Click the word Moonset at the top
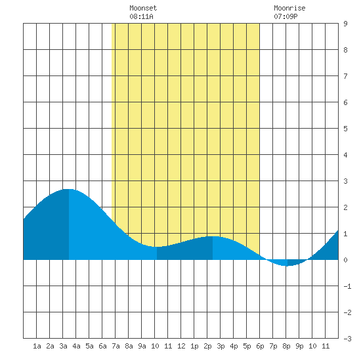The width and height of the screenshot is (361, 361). tap(143, 8)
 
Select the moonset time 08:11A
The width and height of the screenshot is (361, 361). tap(141, 16)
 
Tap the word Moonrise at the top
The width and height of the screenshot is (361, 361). tap(289, 8)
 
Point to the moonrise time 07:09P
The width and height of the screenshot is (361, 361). tap(286, 16)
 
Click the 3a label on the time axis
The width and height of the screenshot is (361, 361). tap(63, 346)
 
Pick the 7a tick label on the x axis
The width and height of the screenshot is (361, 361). tap(116, 346)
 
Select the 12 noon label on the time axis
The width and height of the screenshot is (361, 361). tap(181, 346)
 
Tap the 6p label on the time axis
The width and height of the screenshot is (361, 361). tap(260, 346)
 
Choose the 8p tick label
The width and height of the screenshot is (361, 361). tap(286, 346)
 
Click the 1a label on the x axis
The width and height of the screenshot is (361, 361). tap(37, 346)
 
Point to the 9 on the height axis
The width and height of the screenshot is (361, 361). tap(345, 24)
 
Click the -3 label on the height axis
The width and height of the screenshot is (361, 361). tap(347, 339)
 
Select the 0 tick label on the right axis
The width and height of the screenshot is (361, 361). tap(345, 260)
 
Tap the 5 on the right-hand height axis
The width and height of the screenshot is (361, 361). tap(345, 129)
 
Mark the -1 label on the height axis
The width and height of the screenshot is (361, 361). tap(347, 286)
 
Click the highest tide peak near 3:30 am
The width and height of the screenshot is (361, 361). tap(69, 189)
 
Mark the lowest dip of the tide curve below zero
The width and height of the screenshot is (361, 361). tap(287, 266)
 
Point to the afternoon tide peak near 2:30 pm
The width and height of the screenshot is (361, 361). tap(213, 236)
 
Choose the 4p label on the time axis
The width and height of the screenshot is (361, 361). tap(234, 346)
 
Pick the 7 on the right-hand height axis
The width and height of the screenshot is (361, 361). tap(345, 76)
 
